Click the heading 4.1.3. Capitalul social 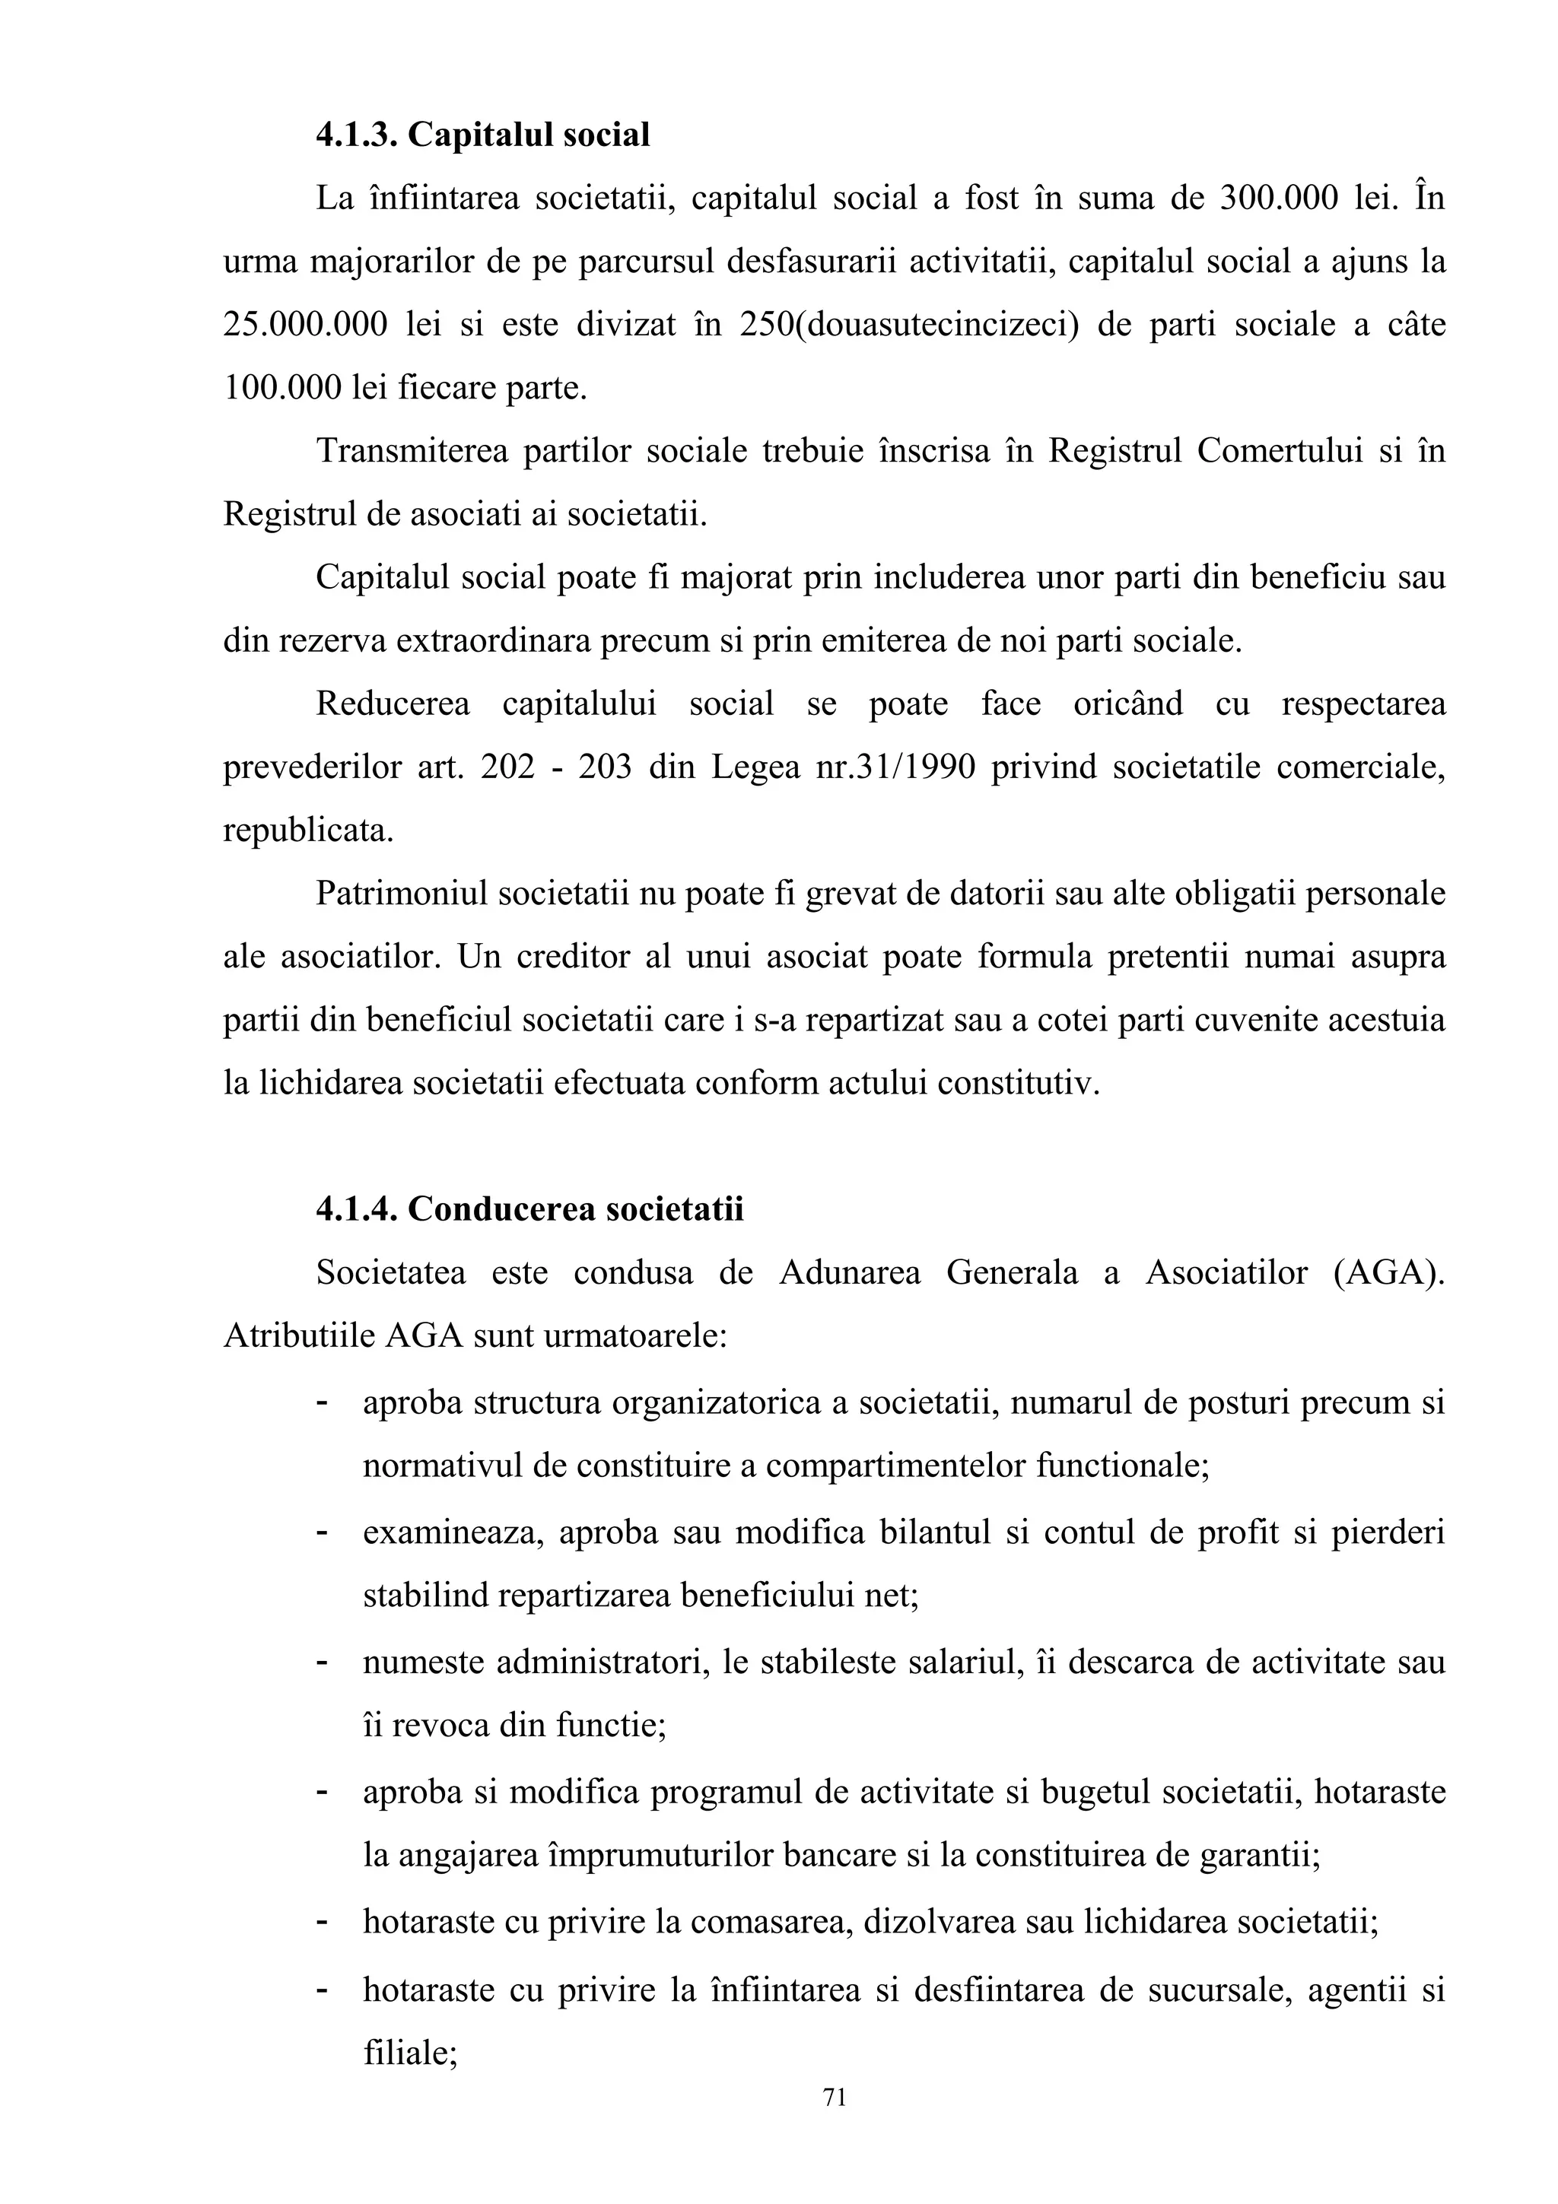[483, 135]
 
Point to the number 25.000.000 [305, 325]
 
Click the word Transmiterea [412, 451]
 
